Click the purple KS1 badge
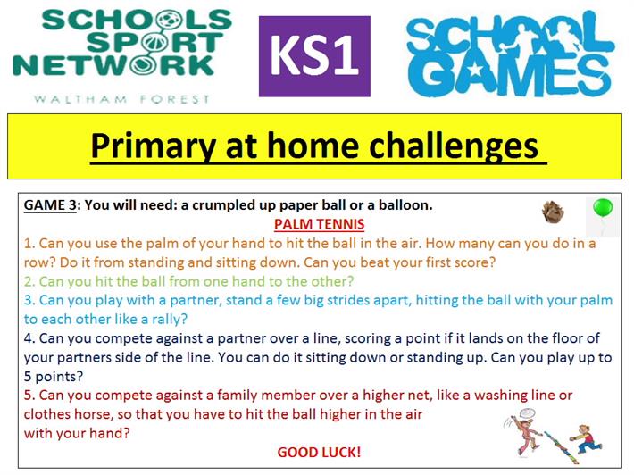[314, 56]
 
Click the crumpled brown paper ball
[553, 212]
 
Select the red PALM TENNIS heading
[319, 224]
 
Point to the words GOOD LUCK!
[319, 452]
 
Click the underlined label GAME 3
[50, 205]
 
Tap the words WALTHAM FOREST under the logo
[121, 99]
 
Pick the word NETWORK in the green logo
[113, 65]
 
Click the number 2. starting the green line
[29, 281]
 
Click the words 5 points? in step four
[54, 377]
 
